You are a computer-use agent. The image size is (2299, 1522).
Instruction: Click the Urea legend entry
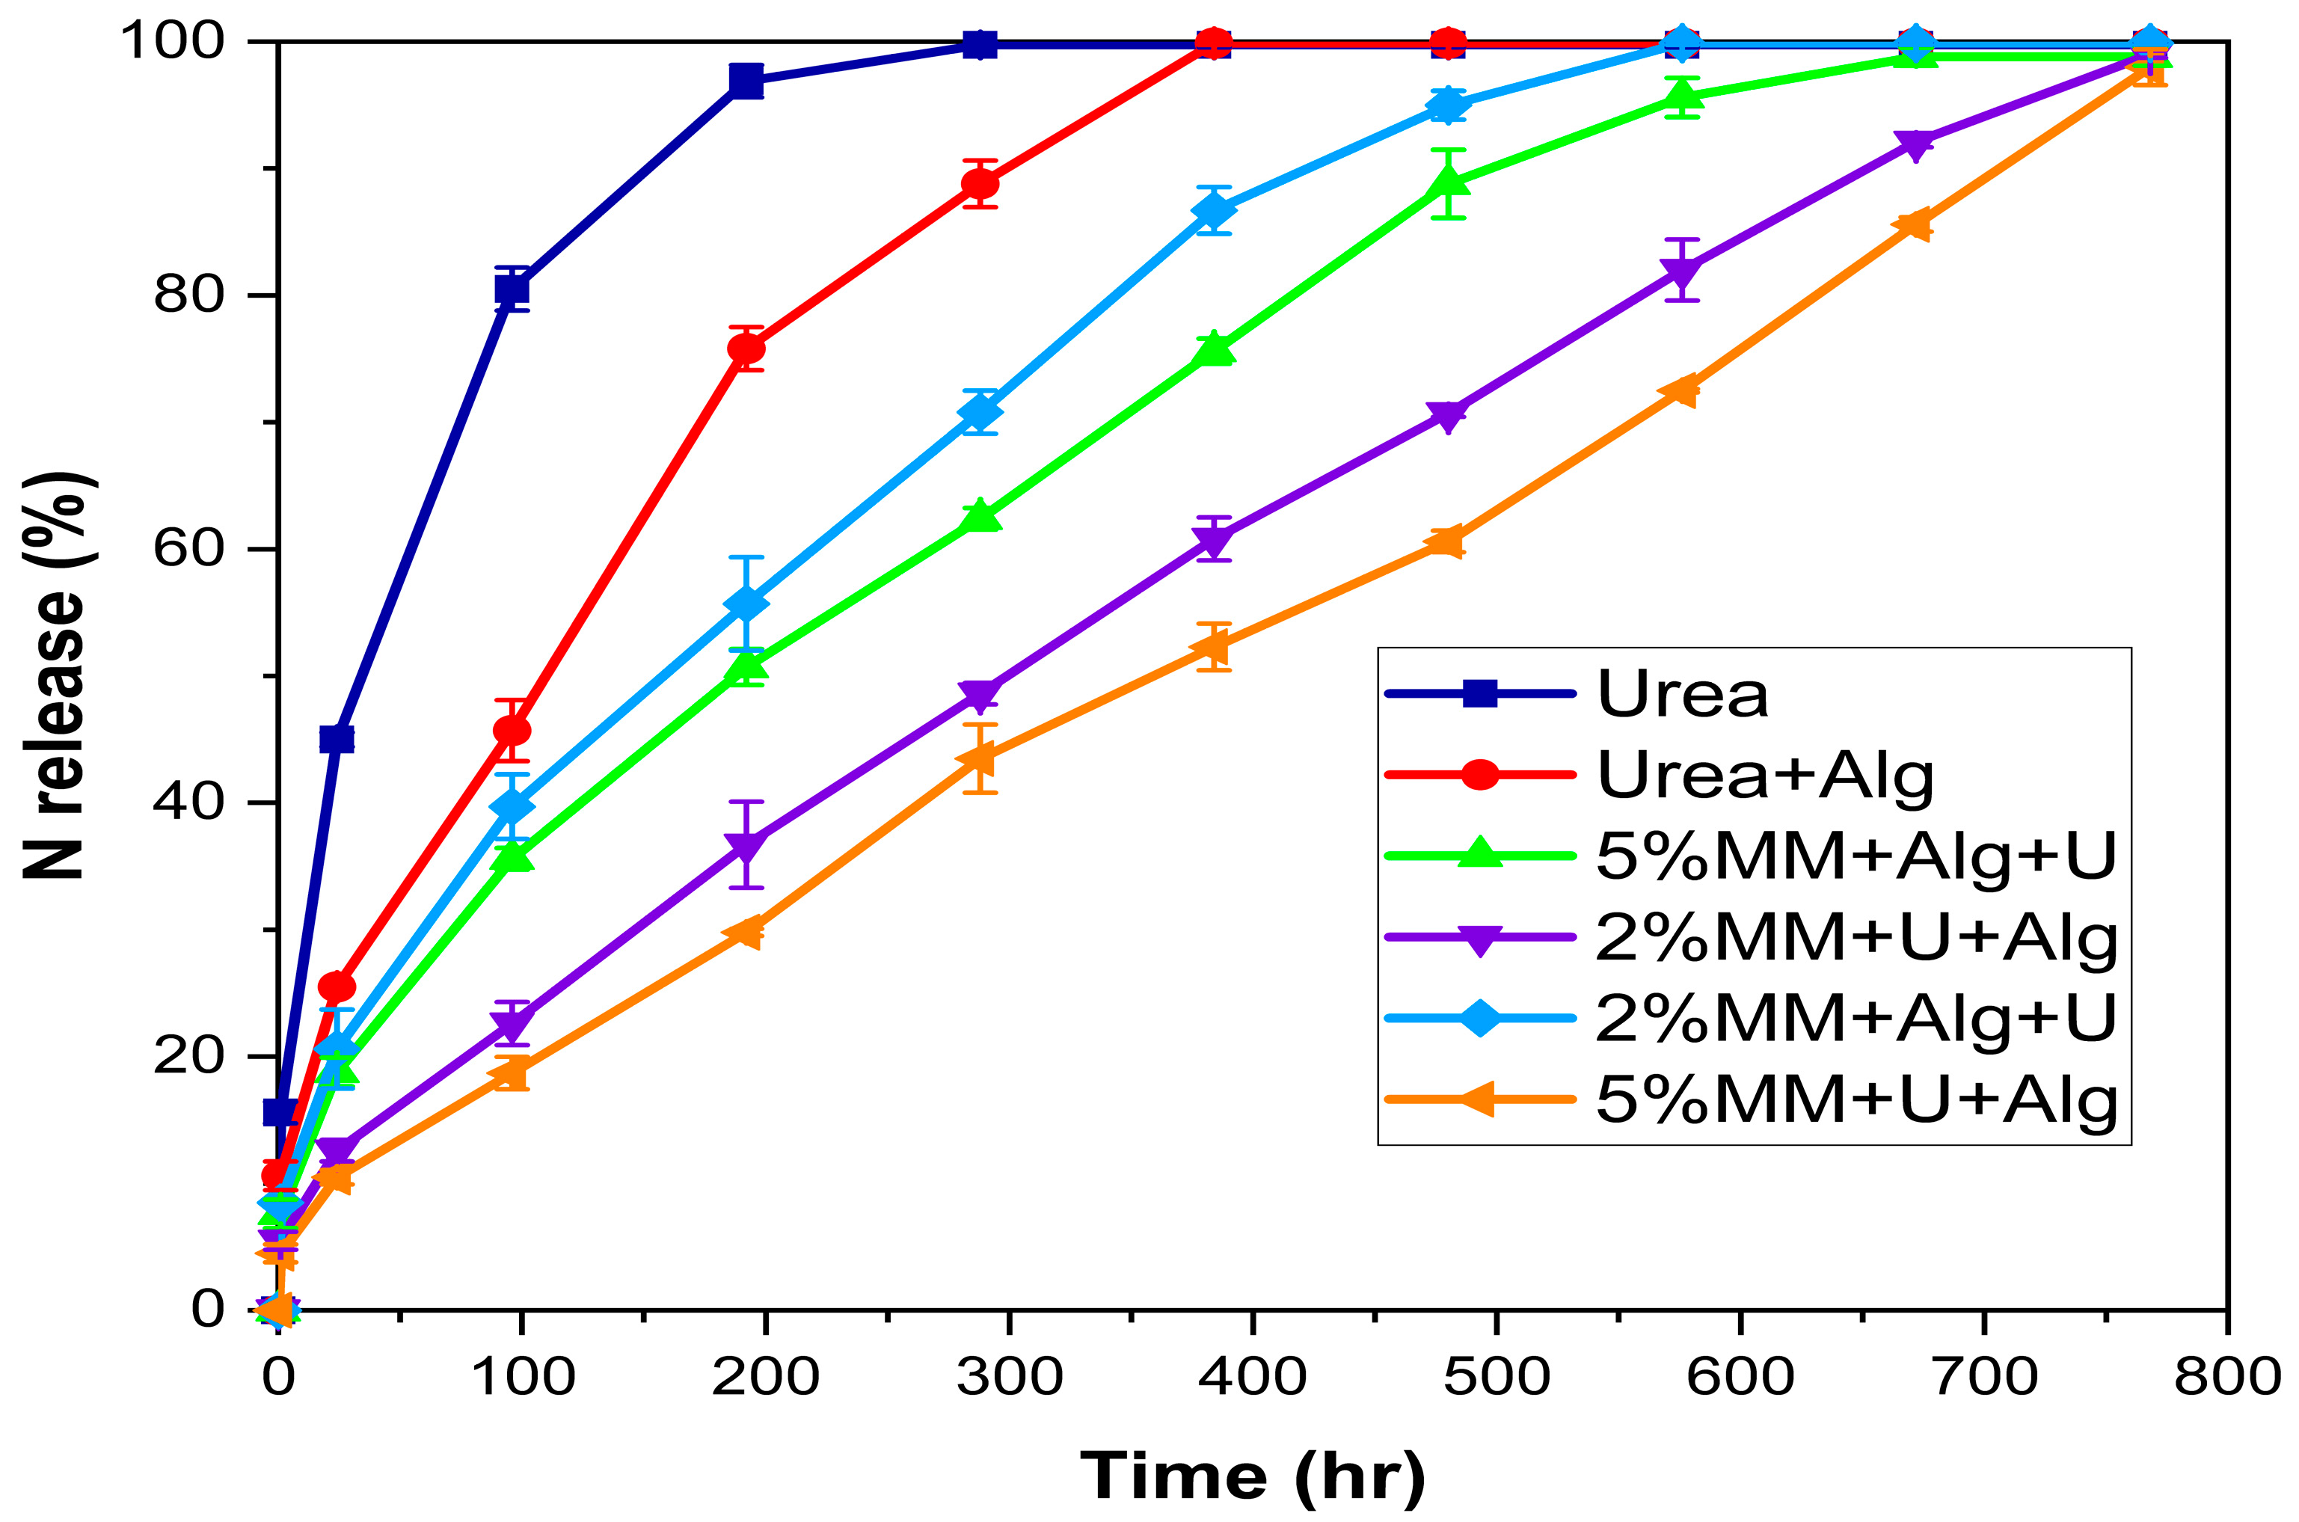tap(1682, 694)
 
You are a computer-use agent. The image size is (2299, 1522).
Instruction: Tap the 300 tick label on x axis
tap(1009, 1376)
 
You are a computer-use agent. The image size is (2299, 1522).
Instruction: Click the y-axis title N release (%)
tap(58, 677)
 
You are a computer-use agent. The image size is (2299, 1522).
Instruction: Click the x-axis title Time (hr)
tap(1253, 1474)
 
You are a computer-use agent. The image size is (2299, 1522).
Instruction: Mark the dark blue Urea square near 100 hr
tap(512, 289)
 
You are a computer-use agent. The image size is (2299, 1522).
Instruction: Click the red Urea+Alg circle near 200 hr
tap(746, 349)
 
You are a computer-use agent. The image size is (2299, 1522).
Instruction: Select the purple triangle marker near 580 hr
tap(1683, 271)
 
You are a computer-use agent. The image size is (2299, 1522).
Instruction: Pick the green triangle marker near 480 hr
tap(1448, 182)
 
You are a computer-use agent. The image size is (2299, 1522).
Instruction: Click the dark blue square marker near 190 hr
tap(746, 82)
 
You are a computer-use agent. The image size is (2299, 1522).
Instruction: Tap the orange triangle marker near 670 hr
tap(1915, 225)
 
